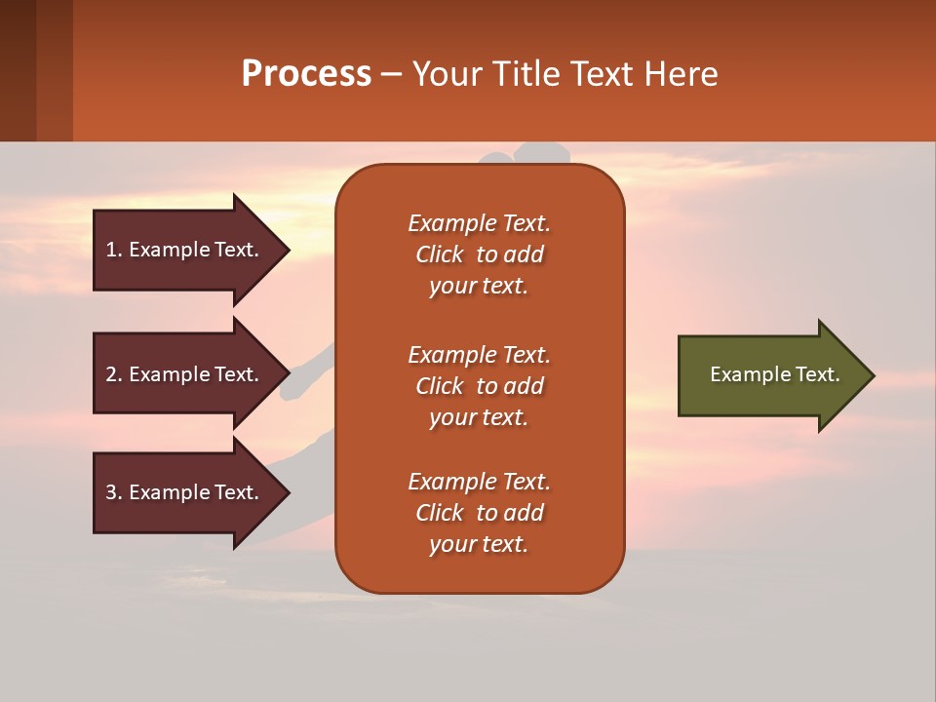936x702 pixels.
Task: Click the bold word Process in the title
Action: click(x=306, y=74)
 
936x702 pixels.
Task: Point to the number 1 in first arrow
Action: click(x=111, y=250)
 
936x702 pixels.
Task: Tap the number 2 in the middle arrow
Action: click(x=111, y=374)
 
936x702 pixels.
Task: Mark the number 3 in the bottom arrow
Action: click(x=111, y=492)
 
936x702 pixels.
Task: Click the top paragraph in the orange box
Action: click(x=479, y=254)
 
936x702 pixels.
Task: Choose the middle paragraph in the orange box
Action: click(x=479, y=386)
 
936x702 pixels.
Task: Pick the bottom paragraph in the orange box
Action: click(x=479, y=513)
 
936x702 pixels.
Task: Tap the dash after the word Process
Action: click(x=391, y=75)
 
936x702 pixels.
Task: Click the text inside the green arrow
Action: click(x=775, y=374)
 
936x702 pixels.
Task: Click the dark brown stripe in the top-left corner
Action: click(x=18, y=70)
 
